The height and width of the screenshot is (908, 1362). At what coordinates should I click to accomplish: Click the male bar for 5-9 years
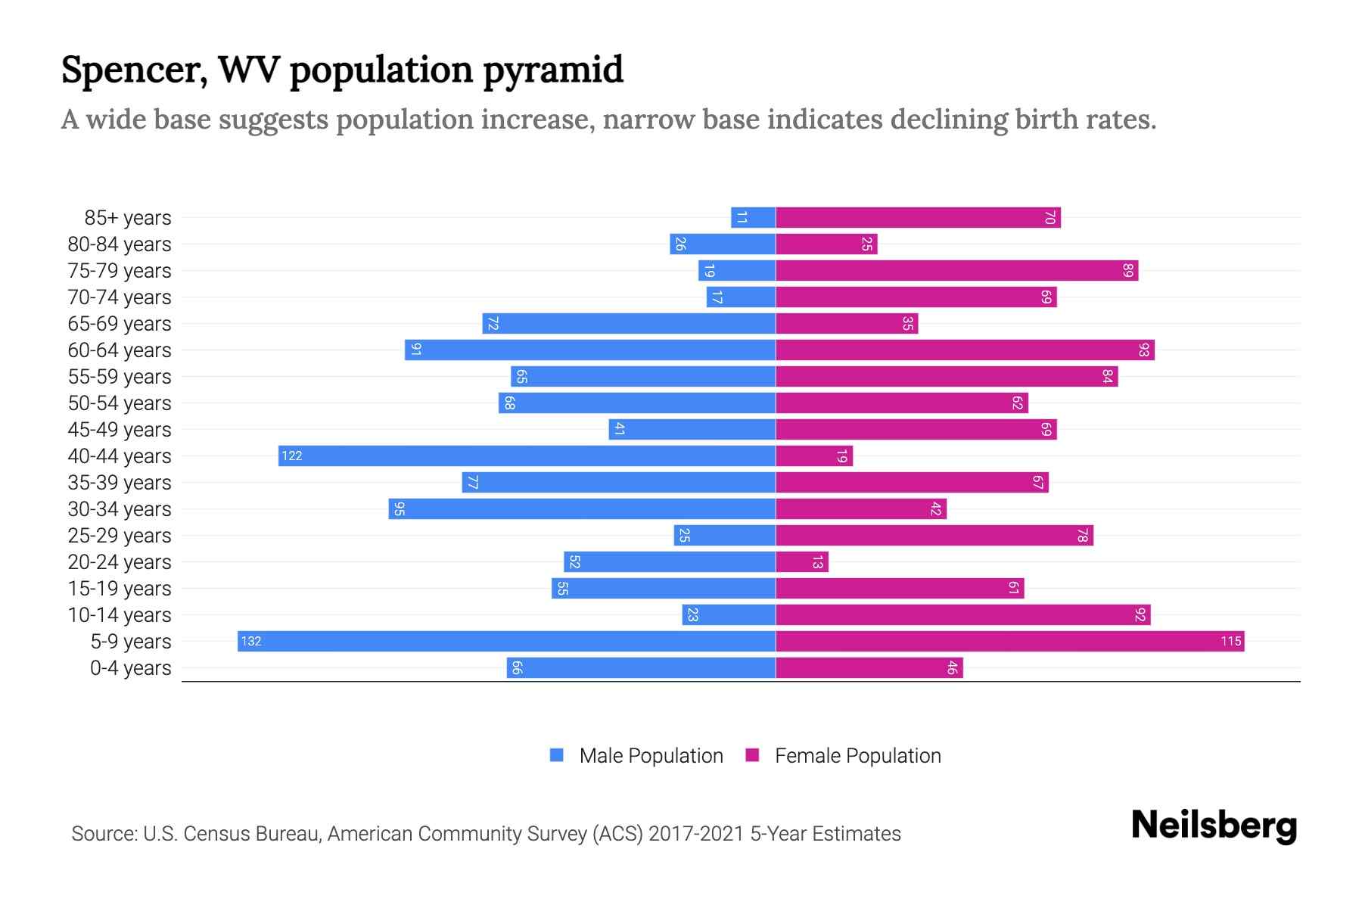click(x=506, y=641)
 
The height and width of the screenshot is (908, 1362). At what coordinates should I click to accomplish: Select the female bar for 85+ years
click(x=918, y=218)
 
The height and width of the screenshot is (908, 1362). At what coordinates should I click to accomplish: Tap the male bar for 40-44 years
click(x=527, y=456)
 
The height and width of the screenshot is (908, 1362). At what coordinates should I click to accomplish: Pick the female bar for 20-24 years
click(x=802, y=561)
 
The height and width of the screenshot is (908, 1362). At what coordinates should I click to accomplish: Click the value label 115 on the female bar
click(x=1230, y=642)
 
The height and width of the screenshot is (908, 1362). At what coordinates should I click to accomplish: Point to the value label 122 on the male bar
click(x=291, y=456)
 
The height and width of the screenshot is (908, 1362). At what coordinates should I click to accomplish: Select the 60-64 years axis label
click(x=120, y=350)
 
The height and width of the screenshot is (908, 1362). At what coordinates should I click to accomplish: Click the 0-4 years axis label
click(x=130, y=668)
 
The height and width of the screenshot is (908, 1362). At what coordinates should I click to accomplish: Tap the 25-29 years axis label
click(x=120, y=536)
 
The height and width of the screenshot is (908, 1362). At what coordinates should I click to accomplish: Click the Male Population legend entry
click(x=651, y=756)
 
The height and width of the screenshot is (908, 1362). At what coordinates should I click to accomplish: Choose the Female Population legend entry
click(x=857, y=756)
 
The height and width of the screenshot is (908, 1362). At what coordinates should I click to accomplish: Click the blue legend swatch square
click(x=557, y=755)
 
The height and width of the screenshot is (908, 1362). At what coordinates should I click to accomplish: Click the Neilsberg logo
click(x=1214, y=826)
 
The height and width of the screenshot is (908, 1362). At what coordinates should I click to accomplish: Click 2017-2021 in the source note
click(x=695, y=834)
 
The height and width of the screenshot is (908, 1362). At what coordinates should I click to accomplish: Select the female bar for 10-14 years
click(x=962, y=614)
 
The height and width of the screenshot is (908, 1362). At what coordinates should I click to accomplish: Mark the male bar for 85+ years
click(x=753, y=218)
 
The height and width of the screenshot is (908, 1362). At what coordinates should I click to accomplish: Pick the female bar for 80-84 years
click(x=826, y=244)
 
